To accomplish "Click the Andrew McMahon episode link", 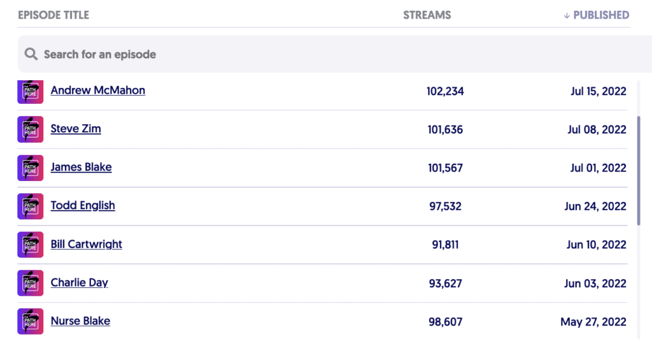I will coord(97,90).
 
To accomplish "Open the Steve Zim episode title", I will coord(76,129).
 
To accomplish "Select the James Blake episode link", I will coord(81,168).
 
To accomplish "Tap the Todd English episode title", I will coord(83,206).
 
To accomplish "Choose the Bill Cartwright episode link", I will coord(86,245).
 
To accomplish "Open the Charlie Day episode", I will coord(79,283).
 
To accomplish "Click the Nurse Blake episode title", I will coord(80,321).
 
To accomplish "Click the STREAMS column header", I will coord(427,15).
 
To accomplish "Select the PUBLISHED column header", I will coord(600,15).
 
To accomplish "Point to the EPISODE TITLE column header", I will coord(53,15).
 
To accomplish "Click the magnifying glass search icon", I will coord(31,54).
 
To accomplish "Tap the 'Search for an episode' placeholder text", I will coord(100,55).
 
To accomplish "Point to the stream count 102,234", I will coord(445,91).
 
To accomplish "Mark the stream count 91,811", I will coord(445,245).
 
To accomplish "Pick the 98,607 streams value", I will coord(445,322).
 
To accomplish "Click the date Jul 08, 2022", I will coord(597,129).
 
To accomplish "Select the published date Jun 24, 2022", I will coord(595,206).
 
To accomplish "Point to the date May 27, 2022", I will coord(593,322).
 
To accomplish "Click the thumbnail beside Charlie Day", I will coord(31,283).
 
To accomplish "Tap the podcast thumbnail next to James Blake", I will coord(31,168).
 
